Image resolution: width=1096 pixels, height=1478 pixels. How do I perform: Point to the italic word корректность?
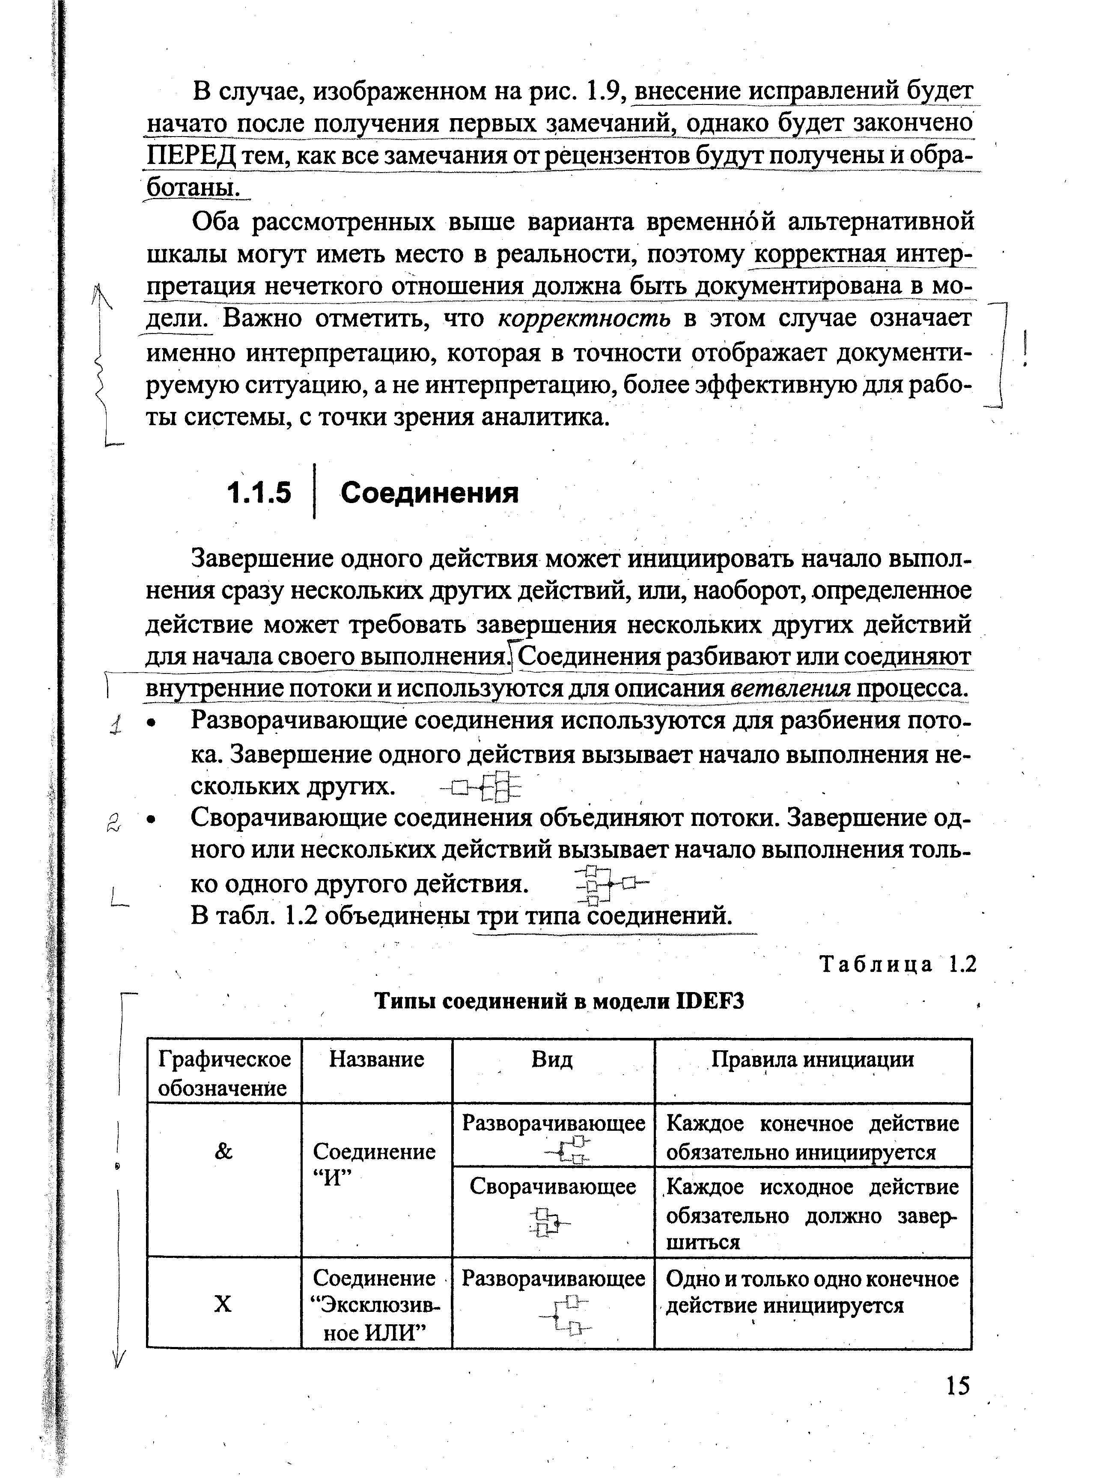pyautogui.click(x=584, y=319)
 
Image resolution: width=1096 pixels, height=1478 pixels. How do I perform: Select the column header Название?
pyautogui.click(x=376, y=1059)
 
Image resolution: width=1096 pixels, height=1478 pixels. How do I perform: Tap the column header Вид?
pyautogui.click(x=552, y=1059)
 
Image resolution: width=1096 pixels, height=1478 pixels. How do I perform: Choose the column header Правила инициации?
pyautogui.click(x=813, y=1059)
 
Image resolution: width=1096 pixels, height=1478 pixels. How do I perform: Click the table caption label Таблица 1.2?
pyautogui.click(x=898, y=965)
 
